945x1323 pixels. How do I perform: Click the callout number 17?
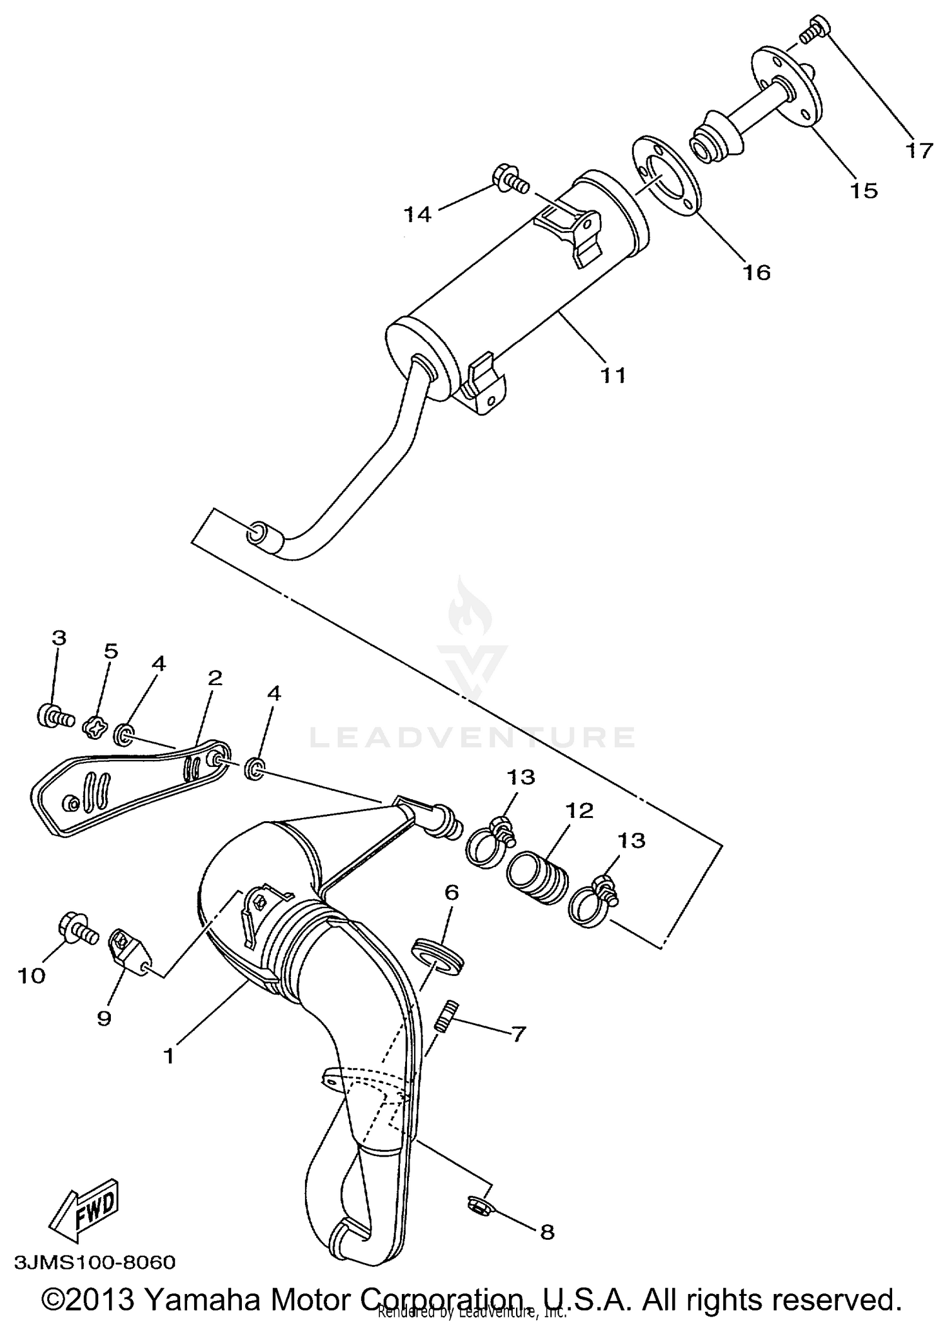[919, 151]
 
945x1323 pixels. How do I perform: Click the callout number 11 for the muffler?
[612, 375]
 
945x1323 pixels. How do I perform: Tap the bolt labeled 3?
[53, 716]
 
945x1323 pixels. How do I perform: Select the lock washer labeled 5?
[93, 728]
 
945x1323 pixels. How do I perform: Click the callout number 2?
[215, 678]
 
